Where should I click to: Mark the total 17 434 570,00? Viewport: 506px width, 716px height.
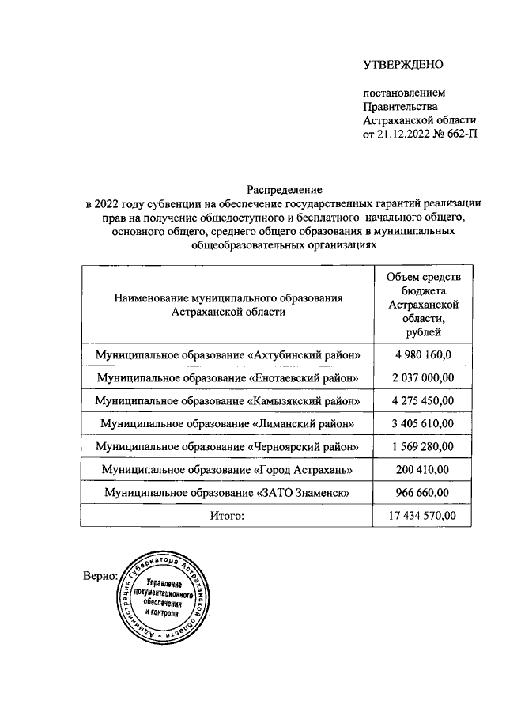pos(428,517)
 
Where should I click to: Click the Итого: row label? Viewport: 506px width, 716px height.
pos(228,517)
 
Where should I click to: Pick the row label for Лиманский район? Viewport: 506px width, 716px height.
pos(228,424)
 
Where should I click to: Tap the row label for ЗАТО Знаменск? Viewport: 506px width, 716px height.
pos(228,494)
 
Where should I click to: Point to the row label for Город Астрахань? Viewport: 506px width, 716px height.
pos(228,470)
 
